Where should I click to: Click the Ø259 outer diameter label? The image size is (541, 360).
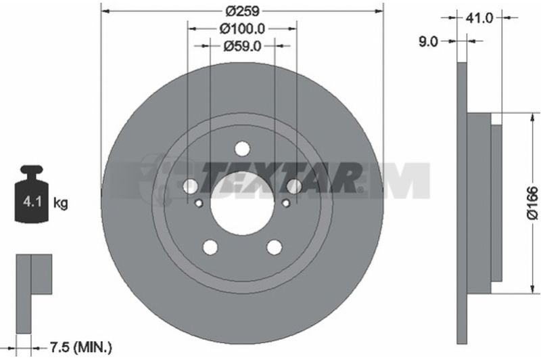coord(242,11)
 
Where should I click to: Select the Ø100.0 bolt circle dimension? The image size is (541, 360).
coord(242,28)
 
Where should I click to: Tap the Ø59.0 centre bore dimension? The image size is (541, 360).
coord(242,46)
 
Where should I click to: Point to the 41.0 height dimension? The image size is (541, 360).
coord(479,18)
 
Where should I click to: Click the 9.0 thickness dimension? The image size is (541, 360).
coord(428,42)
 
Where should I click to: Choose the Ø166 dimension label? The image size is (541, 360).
coord(532,202)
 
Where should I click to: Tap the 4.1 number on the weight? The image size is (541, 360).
coord(32,201)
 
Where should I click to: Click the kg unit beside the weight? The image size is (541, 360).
coord(61,203)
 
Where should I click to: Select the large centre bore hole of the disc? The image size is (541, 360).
coord(242,204)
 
